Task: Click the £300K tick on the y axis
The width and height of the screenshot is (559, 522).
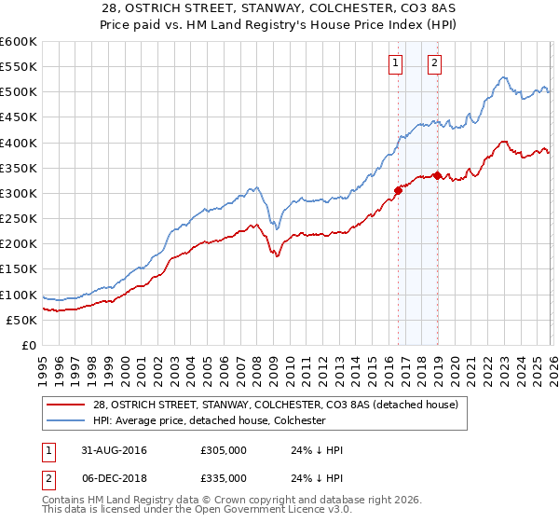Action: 18,193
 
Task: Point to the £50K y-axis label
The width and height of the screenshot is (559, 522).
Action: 20,320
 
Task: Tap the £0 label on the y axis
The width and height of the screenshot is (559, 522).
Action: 29,345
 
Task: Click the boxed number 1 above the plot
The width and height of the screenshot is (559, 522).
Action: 396,63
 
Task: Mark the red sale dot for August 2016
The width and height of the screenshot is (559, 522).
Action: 398,190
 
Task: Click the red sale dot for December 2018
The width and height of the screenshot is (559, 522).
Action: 436,175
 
